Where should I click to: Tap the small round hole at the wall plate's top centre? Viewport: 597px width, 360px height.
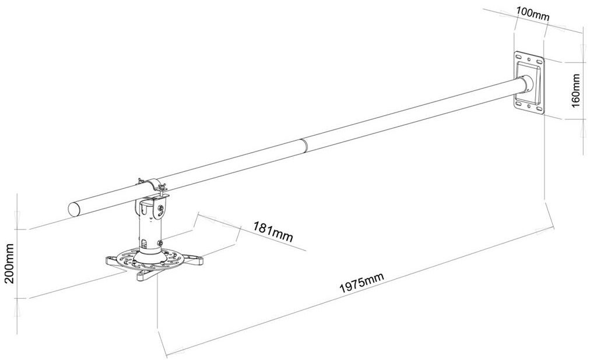529,58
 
